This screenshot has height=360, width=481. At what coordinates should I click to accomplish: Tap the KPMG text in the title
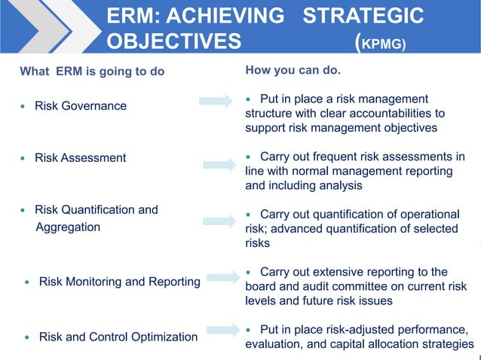[384, 43]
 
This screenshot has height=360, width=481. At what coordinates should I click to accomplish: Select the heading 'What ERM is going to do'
[91, 72]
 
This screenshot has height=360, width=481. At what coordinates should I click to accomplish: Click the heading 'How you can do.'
[293, 72]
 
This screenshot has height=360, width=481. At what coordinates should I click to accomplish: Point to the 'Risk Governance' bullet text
[81, 106]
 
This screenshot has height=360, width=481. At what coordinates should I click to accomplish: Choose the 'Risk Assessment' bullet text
[80, 158]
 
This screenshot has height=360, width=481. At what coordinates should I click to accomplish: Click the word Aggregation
[68, 227]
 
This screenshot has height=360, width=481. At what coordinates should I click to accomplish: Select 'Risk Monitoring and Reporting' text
[119, 282]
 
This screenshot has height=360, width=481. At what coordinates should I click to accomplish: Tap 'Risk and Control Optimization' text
[118, 337]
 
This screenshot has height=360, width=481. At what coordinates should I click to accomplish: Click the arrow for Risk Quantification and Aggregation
[219, 221]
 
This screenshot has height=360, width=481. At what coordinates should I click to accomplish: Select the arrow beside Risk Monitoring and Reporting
[219, 277]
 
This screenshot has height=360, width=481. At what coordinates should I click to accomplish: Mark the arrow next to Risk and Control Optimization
[219, 330]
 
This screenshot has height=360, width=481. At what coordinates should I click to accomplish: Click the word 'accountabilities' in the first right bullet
[394, 114]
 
